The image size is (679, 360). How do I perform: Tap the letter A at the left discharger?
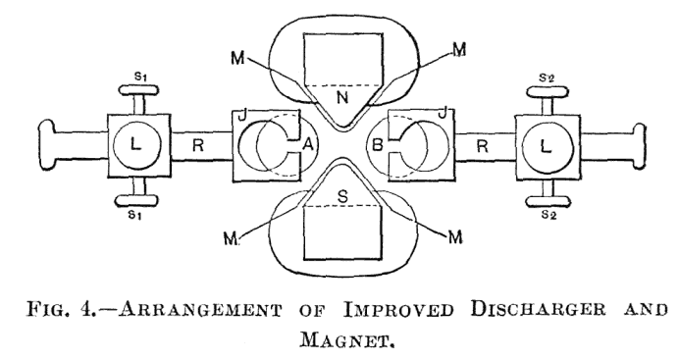[307, 145]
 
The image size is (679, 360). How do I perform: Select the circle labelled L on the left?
[136, 144]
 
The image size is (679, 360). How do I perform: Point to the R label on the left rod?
[198, 145]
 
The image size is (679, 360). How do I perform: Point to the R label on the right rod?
[483, 145]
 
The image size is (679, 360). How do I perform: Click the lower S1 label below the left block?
[136, 213]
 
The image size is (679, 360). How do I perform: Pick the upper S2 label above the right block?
[545, 77]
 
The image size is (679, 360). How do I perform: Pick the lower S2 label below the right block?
[545, 214]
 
